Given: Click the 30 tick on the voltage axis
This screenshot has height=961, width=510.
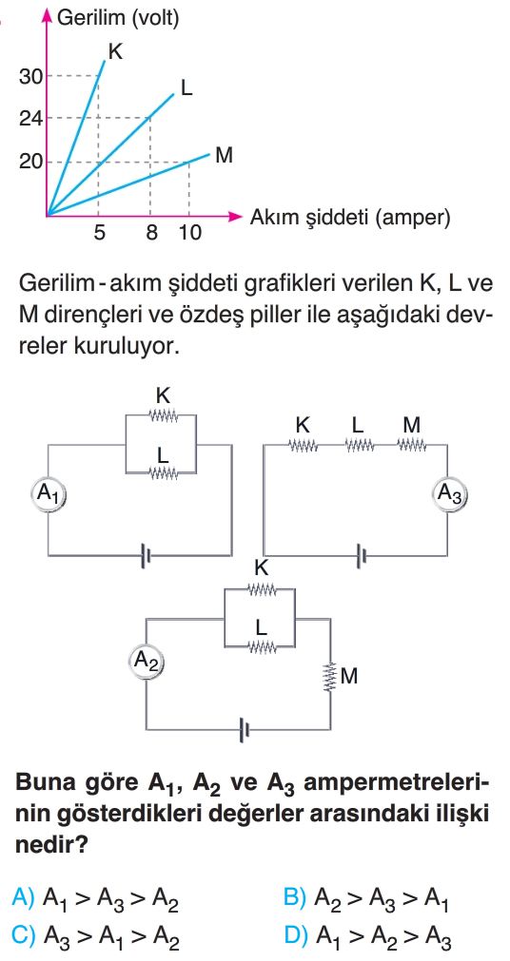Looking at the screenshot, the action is [29, 76].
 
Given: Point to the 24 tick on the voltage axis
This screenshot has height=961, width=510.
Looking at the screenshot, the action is [29, 118].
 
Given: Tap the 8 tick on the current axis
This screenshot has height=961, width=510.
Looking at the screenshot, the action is [151, 233].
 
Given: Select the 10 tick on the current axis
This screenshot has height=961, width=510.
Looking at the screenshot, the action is [189, 233].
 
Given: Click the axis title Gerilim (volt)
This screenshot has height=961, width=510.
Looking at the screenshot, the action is [118, 18].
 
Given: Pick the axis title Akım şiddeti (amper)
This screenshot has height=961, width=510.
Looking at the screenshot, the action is [350, 218].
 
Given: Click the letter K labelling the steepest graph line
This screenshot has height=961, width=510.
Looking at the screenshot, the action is [115, 51].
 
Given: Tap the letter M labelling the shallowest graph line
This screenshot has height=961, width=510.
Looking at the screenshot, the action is [224, 156].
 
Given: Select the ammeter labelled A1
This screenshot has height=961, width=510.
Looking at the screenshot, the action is [49, 492].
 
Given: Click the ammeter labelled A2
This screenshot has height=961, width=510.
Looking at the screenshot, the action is [147, 661].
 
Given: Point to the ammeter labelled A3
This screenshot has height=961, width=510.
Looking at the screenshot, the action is [448, 492].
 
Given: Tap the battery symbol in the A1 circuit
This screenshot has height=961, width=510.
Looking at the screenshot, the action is [147, 555].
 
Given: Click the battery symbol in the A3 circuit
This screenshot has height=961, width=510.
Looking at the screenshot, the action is [363, 555].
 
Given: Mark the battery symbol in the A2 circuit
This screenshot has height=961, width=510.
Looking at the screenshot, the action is [245, 729].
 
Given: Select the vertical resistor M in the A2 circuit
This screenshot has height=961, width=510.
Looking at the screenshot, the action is [331, 677].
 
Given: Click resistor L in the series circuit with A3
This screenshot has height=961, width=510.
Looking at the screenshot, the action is [359, 444].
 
